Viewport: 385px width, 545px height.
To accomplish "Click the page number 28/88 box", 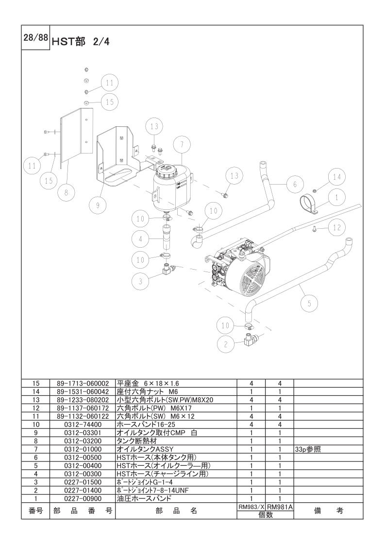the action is [x=35, y=37].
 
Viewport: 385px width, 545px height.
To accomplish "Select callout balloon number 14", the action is [x=337, y=177].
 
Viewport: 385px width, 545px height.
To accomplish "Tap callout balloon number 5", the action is [x=309, y=304].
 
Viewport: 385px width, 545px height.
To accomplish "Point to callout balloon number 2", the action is [x=225, y=344].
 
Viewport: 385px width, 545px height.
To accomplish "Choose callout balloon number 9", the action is [x=98, y=205].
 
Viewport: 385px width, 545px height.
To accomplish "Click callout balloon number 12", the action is [x=337, y=228].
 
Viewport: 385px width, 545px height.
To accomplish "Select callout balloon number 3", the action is [x=140, y=281].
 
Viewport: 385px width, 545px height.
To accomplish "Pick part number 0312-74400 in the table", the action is [x=83, y=425].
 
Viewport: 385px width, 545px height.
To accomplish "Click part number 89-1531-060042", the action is [x=83, y=392].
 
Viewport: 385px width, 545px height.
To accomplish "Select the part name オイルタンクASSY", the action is [x=145, y=449].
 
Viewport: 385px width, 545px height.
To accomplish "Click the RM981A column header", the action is [x=280, y=507].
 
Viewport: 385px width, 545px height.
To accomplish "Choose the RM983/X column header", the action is [x=251, y=507].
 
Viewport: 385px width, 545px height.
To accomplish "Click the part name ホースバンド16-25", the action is [x=146, y=425].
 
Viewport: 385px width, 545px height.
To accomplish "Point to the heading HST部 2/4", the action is [x=80, y=42].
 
